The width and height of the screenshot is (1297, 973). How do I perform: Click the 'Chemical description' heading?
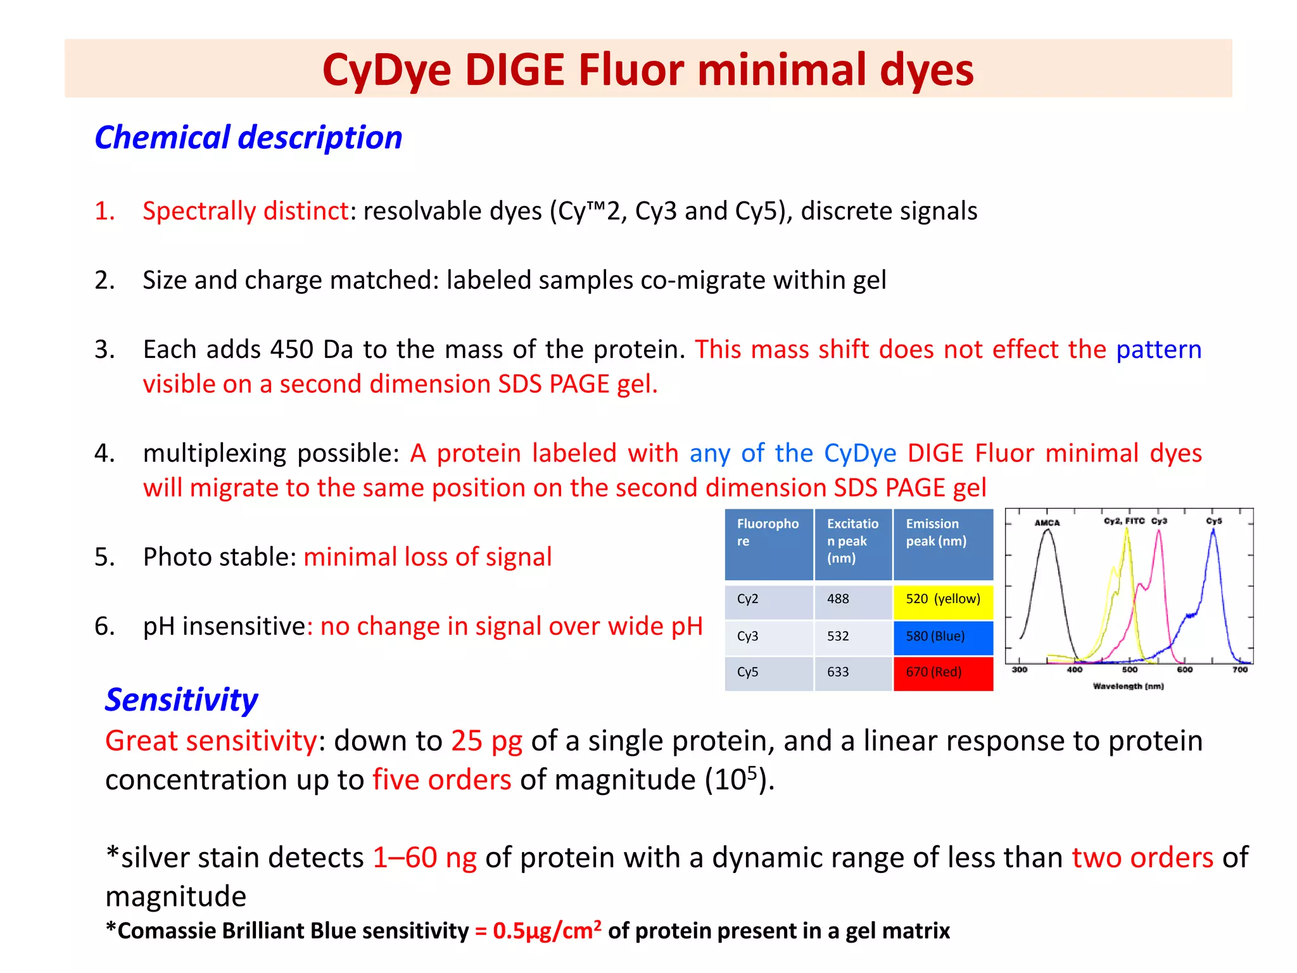coord(248,137)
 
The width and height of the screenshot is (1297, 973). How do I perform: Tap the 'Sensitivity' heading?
coord(181,700)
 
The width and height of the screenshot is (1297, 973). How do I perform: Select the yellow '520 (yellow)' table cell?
coord(943,599)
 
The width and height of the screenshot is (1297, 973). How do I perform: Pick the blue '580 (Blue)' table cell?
coord(943,637)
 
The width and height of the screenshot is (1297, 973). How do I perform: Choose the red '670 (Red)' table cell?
coord(943,672)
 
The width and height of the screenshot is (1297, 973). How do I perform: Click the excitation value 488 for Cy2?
coord(838,599)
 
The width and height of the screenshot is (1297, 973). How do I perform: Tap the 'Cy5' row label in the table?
coord(747,672)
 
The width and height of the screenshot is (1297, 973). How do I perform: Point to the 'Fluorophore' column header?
coord(768,532)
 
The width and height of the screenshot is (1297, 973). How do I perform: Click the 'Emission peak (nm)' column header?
coord(936,532)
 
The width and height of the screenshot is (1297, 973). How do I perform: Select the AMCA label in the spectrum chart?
coord(1047,523)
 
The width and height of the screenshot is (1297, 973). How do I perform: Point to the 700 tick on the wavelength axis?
coord(1239,670)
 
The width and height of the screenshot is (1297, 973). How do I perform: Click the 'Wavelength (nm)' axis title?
coord(1128,686)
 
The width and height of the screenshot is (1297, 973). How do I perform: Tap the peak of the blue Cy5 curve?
coord(1213,531)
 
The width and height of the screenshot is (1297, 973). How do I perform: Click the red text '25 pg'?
coord(486,741)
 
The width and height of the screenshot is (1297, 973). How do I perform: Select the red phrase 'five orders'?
coord(441,780)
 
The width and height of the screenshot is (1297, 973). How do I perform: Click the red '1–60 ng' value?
coord(424,858)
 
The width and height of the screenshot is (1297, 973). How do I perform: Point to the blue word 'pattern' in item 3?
coord(1158,350)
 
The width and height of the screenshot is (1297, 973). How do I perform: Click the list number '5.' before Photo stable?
coord(104,557)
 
